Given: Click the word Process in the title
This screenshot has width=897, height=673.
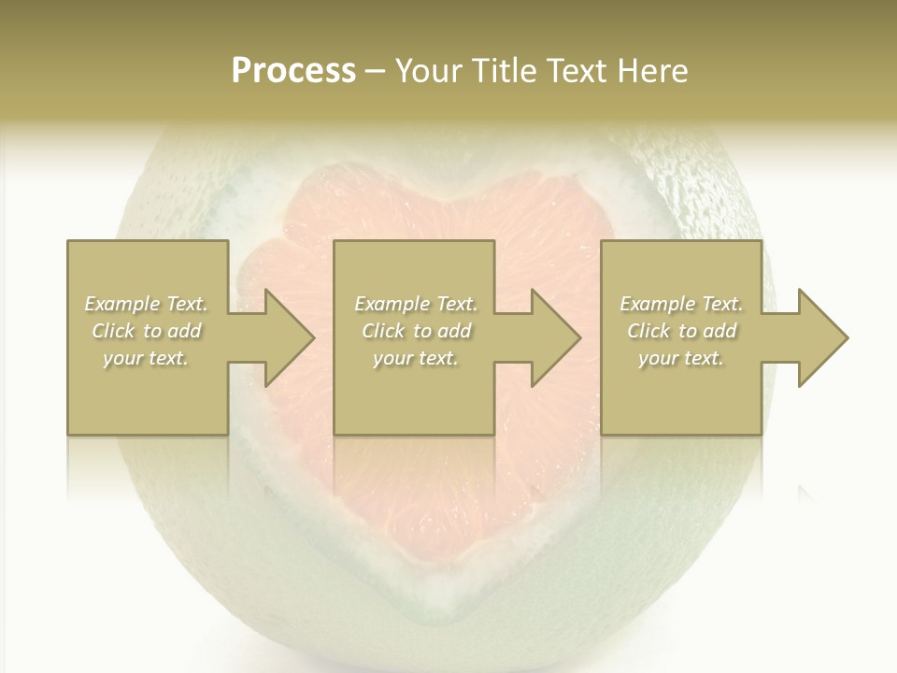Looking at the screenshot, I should pos(293,71).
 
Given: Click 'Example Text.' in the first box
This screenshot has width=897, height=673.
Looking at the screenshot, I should pos(147,304).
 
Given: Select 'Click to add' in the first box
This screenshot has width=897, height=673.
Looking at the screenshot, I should pos(147,331).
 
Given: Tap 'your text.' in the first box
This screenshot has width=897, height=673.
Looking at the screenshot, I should pos(147,358).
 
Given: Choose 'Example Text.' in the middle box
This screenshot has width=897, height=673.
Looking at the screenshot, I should pos(416,304).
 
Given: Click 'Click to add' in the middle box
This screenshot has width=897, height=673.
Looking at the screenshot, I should pos(416,331).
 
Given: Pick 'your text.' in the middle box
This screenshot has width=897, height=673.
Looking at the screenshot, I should pos(416,358).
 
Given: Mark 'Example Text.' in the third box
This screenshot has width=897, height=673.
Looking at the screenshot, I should pos(681,304).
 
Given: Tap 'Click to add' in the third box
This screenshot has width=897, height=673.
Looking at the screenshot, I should pos(681,331).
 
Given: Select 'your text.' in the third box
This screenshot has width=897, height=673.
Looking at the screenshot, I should pos(681,358).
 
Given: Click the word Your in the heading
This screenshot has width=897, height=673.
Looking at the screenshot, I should pos(425,71).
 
